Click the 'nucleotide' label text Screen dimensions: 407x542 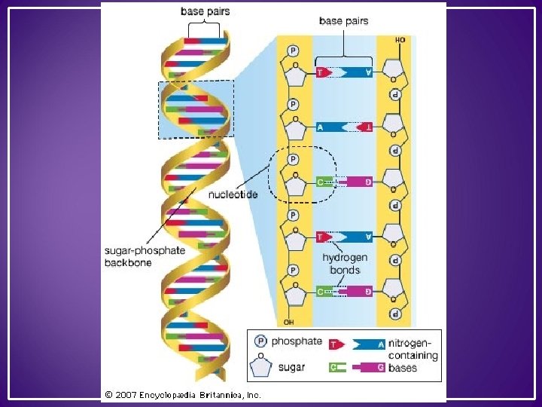pyautogui.click(x=233, y=194)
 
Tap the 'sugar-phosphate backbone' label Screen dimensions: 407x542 pyautogui.click(x=145, y=257)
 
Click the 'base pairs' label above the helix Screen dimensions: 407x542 pyautogui.click(x=205, y=12)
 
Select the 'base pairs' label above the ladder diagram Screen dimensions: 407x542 pyautogui.click(x=343, y=21)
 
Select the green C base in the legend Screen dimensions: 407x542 pyautogui.click(x=336, y=367)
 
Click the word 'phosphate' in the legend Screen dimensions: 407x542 pyautogui.click(x=297, y=341)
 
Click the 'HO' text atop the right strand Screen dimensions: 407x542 pyautogui.click(x=400, y=39)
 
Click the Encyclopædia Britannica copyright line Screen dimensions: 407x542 pyautogui.click(x=183, y=393)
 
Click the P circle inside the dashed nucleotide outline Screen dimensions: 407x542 pyautogui.click(x=294, y=160)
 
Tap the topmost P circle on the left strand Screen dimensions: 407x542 pyautogui.click(x=293, y=50)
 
